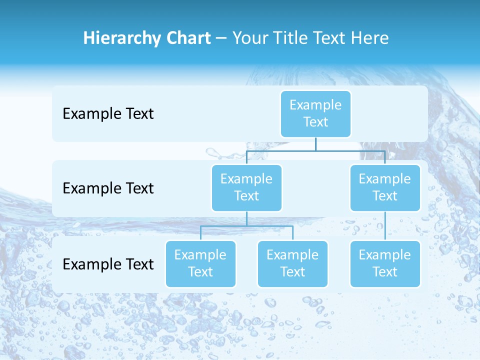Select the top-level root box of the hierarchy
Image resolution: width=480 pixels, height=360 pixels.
click(x=315, y=113)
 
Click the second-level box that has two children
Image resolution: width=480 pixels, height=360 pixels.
click(x=246, y=187)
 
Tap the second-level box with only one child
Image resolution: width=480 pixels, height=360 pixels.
click(x=384, y=187)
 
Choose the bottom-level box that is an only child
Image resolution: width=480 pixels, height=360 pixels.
click(x=384, y=263)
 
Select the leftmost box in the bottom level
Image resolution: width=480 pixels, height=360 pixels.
click(x=200, y=263)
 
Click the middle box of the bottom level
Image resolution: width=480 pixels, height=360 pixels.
click(x=292, y=263)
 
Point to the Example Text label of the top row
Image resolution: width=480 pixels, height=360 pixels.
click(x=108, y=113)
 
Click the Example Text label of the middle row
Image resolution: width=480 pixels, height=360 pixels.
click(x=108, y=188)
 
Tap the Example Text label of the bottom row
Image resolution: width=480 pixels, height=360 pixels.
click(x=108, y=264)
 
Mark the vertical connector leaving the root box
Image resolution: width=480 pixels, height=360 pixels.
click(x=315, y=144)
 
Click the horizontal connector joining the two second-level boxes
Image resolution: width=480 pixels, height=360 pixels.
click(x=315, y=150)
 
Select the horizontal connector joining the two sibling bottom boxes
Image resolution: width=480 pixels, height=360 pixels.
click(x=246, y=226)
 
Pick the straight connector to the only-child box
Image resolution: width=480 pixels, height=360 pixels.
click(x=384, y=226)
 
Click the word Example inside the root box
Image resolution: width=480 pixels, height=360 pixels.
click(x=315, y=105)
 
